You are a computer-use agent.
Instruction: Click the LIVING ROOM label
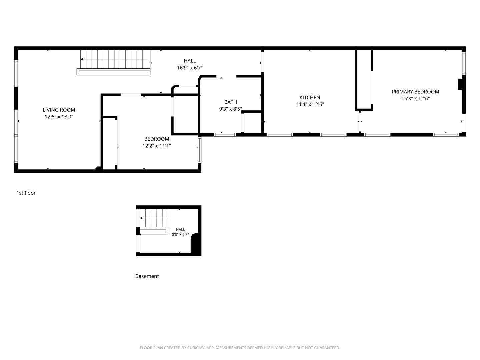pyautogui.click(x=59, y=110)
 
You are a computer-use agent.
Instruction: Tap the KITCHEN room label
pyautogui.click(x=310, y=97)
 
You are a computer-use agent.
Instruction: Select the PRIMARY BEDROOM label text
pyautogui.click(x=415, y=92)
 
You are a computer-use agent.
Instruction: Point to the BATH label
pyautogui.click(x=230, y=102)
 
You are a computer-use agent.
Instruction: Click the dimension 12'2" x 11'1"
pyautogui.click(x=157, y=146)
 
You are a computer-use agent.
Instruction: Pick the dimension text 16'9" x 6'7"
pyautogui.click(x=190, y=68)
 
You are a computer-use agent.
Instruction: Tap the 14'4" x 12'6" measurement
pyautogui.click(x=310, y=104)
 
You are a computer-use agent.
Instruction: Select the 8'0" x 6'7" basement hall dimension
pyautogui.click(x=180, y=235)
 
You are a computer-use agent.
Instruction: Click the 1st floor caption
pyautogui.click(x=26, y=193)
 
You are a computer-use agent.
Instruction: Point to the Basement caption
pyautogui.click(x=147, y=276)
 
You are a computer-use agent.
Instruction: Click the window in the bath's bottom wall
pyautogui.click(x=225, y=135)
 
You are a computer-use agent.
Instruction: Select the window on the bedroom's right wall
pyautogui.click(x=199, y=150)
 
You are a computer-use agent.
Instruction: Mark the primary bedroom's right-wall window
pyautogui.click(x=464, y=63)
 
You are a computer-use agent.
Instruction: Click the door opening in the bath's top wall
pyautogui.click(x=226, y=76)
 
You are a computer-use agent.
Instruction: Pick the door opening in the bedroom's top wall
pyautogui.click(x=131, y=95)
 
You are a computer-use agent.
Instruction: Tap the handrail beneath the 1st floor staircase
pyautogui.click(x=113, y=72)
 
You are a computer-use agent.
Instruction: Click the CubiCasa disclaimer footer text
pyautogui.click(x=240, y=348)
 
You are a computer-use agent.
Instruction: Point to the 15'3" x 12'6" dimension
pyautogui.click(x=415, y=99)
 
